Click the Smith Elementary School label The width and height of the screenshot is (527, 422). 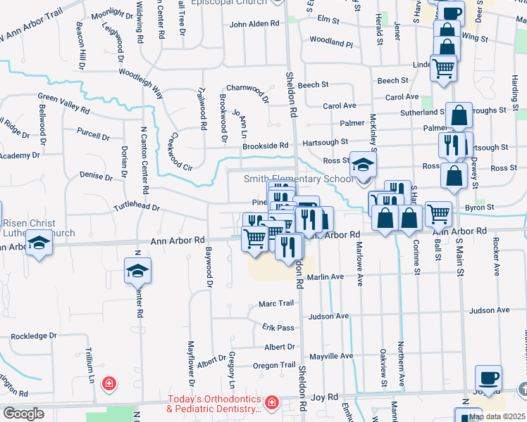299,179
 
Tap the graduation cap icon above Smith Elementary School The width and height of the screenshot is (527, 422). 364,165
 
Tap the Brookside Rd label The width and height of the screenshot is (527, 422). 266,146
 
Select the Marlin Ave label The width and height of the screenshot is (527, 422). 325,277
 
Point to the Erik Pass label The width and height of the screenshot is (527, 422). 278,328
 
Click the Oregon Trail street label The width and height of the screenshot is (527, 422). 274,365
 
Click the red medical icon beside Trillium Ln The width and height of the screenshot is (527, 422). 109,384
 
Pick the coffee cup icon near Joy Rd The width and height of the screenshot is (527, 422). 488,378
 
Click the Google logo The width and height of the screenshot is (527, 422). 23,414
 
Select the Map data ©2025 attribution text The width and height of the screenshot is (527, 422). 497,416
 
